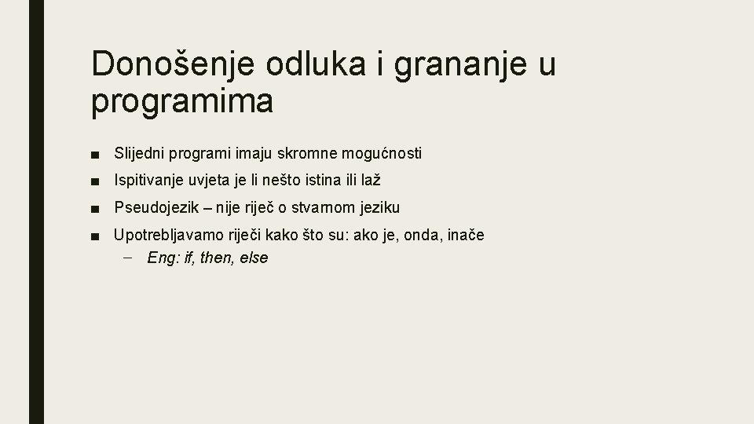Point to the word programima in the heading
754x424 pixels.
pos(182,103)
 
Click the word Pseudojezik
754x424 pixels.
pos(157,208)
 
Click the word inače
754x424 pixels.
pos(466,235)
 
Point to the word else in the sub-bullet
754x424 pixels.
pos(253,258)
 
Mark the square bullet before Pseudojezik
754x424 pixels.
pos(94,208)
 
